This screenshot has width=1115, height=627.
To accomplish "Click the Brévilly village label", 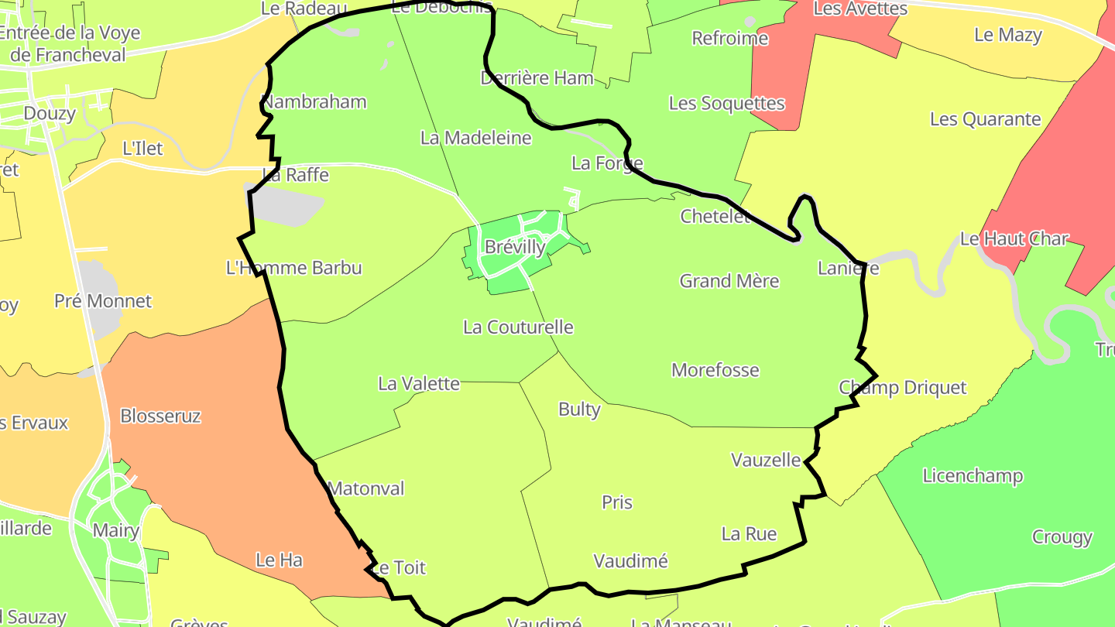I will click(x=515, y=248).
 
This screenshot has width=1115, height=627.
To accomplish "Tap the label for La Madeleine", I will click(x=476, y=139).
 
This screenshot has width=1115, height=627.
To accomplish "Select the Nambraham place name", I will click(x=314, y=102).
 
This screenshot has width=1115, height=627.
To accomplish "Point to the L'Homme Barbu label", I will click(x=293, y=269).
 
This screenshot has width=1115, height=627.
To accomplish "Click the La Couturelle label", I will click(x=518, y=327).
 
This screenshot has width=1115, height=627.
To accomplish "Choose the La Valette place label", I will click(x=419, y=384).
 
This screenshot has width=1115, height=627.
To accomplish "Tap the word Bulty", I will click(x=579, y=409).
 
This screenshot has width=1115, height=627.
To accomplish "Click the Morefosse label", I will click(x=715, y=370).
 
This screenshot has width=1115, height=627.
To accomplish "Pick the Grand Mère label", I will click(x=729, y=281).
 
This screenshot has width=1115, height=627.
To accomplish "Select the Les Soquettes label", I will click(x=726, y=104).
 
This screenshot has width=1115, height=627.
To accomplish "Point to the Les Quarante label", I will click(x=985, y=120).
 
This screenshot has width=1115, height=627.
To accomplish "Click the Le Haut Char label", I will click(x=1014, y=239).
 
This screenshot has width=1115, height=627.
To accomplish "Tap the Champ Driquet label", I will click(x=903, y=388).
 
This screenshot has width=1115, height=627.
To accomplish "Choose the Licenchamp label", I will click(x=973, y=476).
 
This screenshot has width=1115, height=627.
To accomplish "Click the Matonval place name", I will click(x=366, y=489).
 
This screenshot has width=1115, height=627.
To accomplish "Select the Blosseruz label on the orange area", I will click(x=160, y=416).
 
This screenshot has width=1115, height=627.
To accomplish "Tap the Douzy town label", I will click(x=50, y=114).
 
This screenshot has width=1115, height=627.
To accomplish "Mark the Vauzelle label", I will click(x=766, y=460).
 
